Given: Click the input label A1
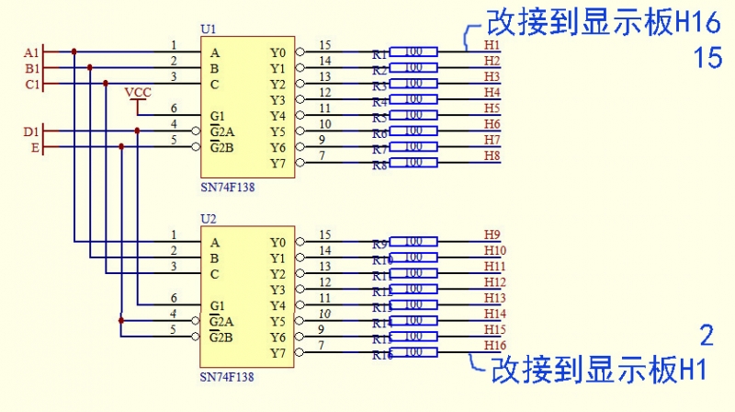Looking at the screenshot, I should coord(32,52).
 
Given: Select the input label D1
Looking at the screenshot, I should coord(31,132).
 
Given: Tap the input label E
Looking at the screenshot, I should coord(35,147).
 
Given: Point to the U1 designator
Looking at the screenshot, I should coord(209,30).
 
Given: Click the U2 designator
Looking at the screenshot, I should coord(209,220).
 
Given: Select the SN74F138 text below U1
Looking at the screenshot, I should coord(227,187).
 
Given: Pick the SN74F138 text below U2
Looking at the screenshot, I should coord(227,376).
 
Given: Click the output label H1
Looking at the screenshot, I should coord(492,45).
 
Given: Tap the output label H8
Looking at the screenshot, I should coord(492,155).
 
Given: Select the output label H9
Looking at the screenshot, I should coord(492,235).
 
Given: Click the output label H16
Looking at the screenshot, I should coord(495,345).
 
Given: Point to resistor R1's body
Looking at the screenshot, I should coord(413,52).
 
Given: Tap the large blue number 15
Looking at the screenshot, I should coord(708,59).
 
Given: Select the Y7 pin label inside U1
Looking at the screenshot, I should coord(277,163).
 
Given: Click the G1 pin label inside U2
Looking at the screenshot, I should coord(218,305).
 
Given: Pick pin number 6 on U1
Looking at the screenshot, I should coord(174,109).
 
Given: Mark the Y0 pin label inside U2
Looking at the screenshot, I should coord(277,243).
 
